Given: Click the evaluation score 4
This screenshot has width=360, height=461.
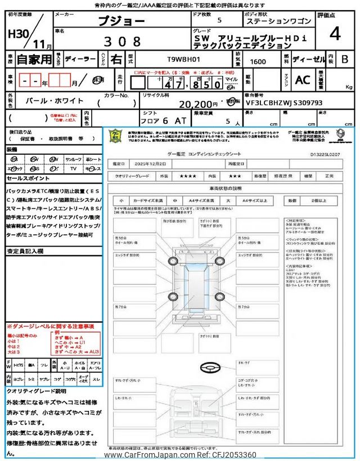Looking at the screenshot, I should [x=335, y=34].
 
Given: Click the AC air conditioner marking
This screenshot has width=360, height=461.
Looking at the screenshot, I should [x=303, y=79].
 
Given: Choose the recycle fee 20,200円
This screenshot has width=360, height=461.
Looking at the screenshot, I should [x=198, y=104].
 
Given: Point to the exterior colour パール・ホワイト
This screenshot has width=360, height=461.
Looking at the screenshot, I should [x=55, y=100].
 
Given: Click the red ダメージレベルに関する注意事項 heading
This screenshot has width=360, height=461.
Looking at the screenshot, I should [x=51, y=326].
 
